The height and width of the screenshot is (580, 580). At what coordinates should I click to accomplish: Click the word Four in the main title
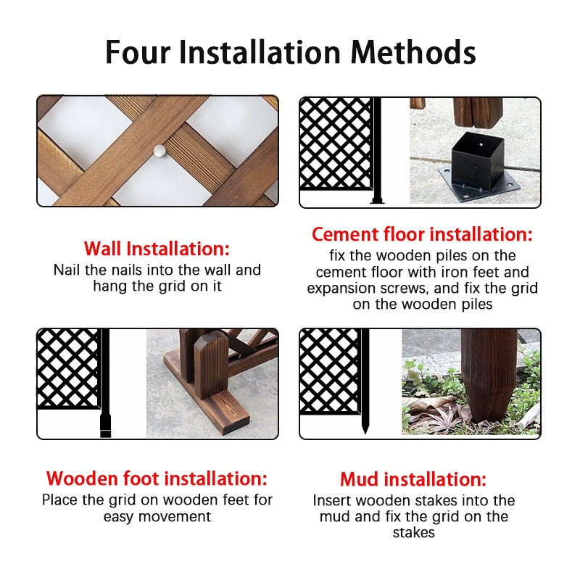tap(138, 52)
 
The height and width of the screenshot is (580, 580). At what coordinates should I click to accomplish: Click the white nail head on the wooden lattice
tap(159, 151)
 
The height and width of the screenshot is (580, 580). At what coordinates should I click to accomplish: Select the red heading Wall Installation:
tap(157, 249)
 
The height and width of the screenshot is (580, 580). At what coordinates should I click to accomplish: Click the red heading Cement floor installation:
tap(422, 234)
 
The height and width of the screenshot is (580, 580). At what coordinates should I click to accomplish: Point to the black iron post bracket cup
tap(478, 159)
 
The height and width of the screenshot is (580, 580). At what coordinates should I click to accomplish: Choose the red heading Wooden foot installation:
tap(157, 478)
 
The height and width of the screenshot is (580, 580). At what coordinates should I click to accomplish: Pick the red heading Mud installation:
tap(413, 479)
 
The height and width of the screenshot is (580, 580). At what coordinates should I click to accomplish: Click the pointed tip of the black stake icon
tap(365, 433)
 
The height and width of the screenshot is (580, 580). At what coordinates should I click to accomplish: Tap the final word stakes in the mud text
tap(413, 533)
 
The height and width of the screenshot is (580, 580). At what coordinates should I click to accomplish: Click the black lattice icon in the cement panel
tap(336, 144)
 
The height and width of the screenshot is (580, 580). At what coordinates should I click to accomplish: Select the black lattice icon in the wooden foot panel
tap(68, 369)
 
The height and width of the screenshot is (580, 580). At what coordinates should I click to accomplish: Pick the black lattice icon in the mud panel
tap(330, 371)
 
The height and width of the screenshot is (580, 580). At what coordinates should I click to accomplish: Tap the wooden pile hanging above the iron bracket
tap(478, 112)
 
